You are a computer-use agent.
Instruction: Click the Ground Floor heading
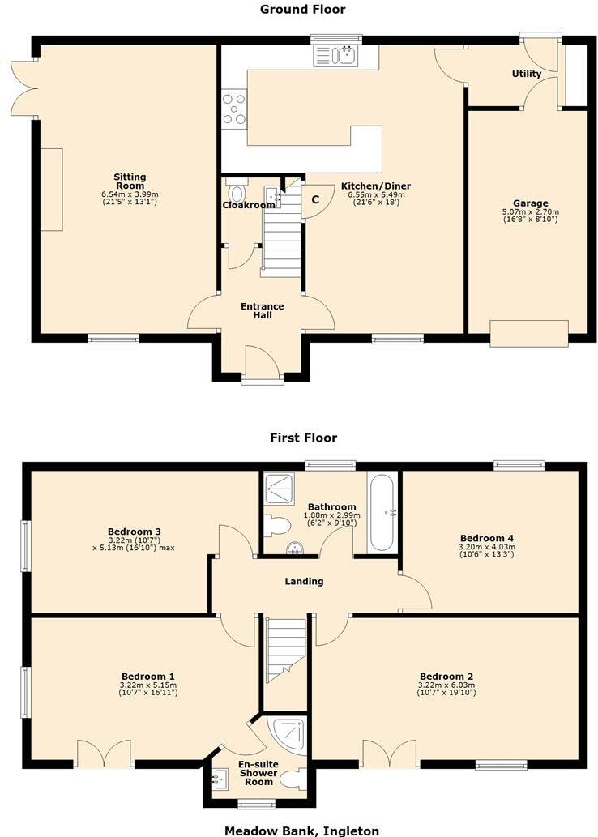coord(302,10)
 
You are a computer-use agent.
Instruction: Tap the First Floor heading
coord(303,438)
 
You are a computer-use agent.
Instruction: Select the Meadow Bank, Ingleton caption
coord(301,830)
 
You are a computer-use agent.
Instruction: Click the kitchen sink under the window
coord(335,55)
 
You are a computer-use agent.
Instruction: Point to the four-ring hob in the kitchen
coord(234,109)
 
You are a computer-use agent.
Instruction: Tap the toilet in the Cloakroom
coord(237,194)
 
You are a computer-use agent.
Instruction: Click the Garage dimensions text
coord(530,216)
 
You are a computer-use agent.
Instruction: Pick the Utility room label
coord(526,74)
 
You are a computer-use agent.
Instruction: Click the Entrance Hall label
coord(262,310)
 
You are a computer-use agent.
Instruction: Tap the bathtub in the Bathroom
coord(381,512)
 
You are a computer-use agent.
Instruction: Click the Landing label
coord(304,581)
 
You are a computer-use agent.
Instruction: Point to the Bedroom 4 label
coord(486,538)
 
